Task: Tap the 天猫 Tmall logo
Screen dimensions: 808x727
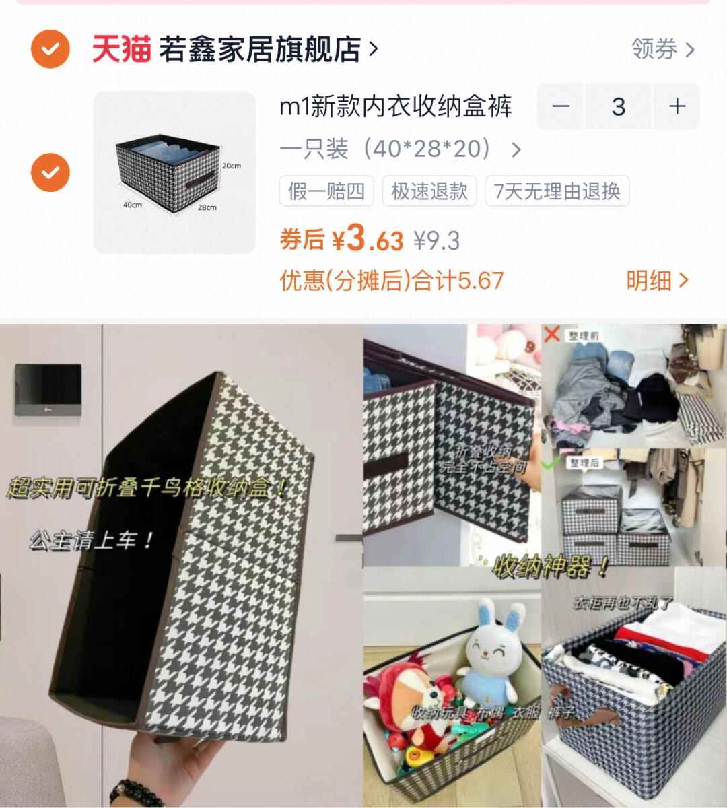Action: pos(121,49)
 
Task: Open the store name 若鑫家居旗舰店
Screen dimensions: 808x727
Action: pos(260,49)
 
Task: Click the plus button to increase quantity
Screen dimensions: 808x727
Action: pos(677,106)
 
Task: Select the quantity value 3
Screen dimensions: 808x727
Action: pos(618,106)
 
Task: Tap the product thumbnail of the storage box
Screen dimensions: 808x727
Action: pos(174,172)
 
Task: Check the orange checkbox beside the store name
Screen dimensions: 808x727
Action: pos(50,49)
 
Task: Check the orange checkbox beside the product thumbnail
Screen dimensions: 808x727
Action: pos(50,172)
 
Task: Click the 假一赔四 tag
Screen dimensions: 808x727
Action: pos(326,191)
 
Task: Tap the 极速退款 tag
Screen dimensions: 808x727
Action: pos(429,191)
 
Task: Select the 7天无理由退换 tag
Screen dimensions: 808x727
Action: pos(557,191)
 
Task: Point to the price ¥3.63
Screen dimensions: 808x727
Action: pos(367,239)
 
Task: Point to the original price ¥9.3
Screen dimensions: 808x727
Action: pos(437,240)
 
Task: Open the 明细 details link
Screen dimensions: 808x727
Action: pos(656,281)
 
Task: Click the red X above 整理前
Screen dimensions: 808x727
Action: pos(552,333)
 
